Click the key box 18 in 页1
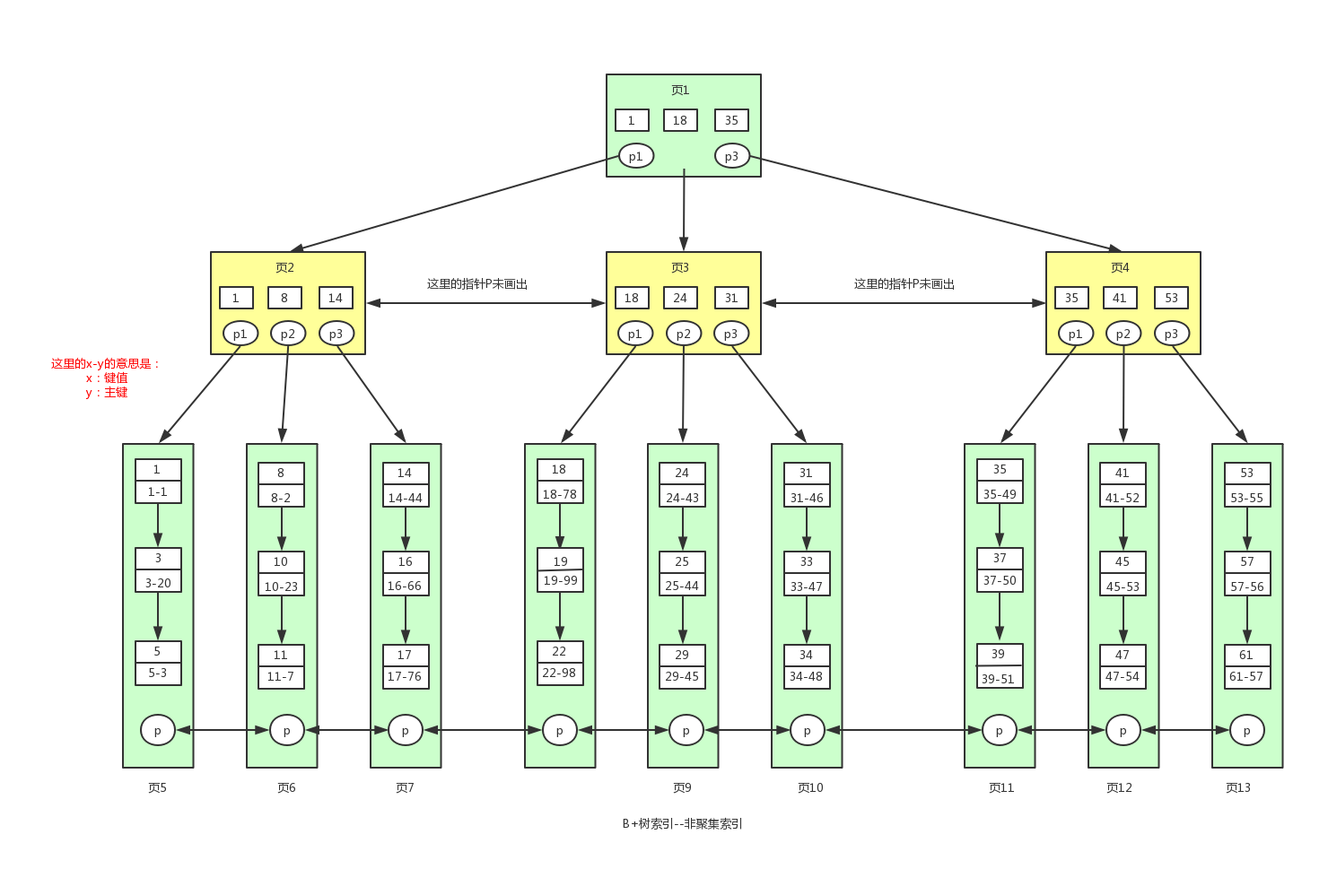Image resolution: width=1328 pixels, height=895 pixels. pyautogui.click(x=680, y=120)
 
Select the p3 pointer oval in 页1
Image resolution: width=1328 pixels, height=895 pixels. pyautogui.click(x=731, y=156)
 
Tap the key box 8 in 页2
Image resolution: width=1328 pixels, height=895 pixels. pyautogui.click(x=284, y=298)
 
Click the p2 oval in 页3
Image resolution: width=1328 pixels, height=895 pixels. pyautogui.click(x=684, y=334)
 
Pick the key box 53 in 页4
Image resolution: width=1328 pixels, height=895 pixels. pyautogui.click(x=1171, y=298)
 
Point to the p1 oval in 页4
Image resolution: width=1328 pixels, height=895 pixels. pyautogui.click(x=1075, y=334)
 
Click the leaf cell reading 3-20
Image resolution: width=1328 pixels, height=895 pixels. pyautogui.click(x=158, y=583)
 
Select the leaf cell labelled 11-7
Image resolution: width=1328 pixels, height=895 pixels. pyautogui.click(x=281, y=677)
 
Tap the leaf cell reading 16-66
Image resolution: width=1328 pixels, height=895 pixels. pyautogui.click(x=405, y=587)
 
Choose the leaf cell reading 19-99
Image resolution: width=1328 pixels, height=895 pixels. pyautogui.click(x=560, y=580)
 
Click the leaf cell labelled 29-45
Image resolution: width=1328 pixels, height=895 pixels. pyautogui.click(x=682, y=677)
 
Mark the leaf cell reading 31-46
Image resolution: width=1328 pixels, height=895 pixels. pyautogui.click(x=806, y=498)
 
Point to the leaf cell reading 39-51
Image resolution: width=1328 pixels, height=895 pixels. pyautogui.click(x=999, y=679)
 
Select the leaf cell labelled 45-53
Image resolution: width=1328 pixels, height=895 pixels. pyautogui.click(x=1123, y=587)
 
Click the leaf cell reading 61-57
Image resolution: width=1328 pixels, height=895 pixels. pyautogui.click(x=1246, y=677)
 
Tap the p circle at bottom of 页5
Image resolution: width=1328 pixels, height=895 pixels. pyautogui.click(x=158, y=730)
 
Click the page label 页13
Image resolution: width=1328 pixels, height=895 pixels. pyautogui.click(x=1237, y=787)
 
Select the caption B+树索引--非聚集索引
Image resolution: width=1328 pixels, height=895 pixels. pyautogui.click(x=682, y=823)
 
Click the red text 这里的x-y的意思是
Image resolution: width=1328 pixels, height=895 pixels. pyautogui.click(x=105, y=364)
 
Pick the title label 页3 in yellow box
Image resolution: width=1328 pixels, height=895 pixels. pyautogui.click(x=680, y=267)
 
